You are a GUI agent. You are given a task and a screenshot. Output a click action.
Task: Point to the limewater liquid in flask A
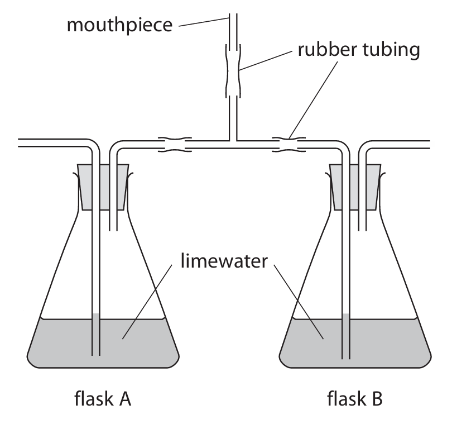click(61, 341)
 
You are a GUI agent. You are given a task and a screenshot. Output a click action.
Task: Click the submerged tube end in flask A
click(95, 353)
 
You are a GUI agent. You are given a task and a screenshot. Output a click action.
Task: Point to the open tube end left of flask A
click(20, 143)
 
